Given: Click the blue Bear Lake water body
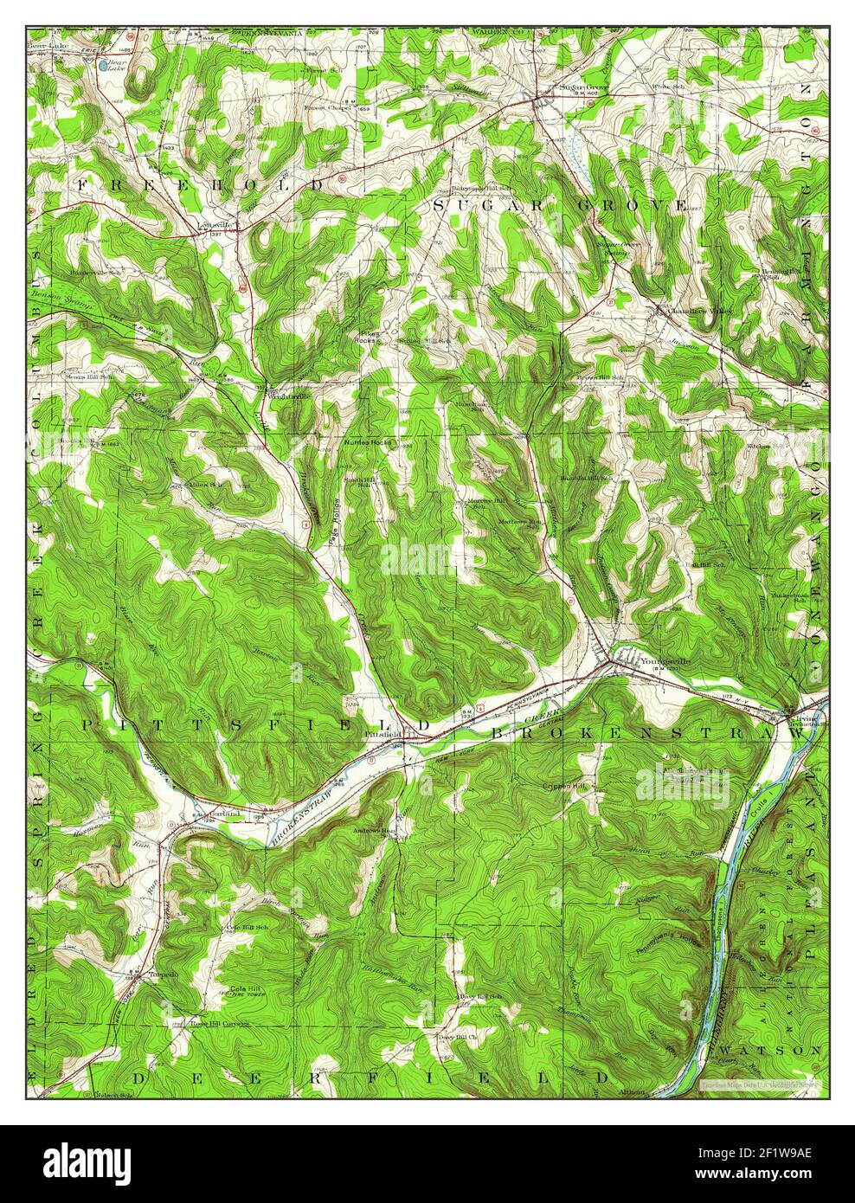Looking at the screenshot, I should click(x=104, y=64).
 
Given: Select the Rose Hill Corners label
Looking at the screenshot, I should click(x=220, y=1022).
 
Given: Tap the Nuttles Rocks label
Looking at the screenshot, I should click(x=368, y=442).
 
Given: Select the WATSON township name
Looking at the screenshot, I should click(x=789, y=1050).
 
